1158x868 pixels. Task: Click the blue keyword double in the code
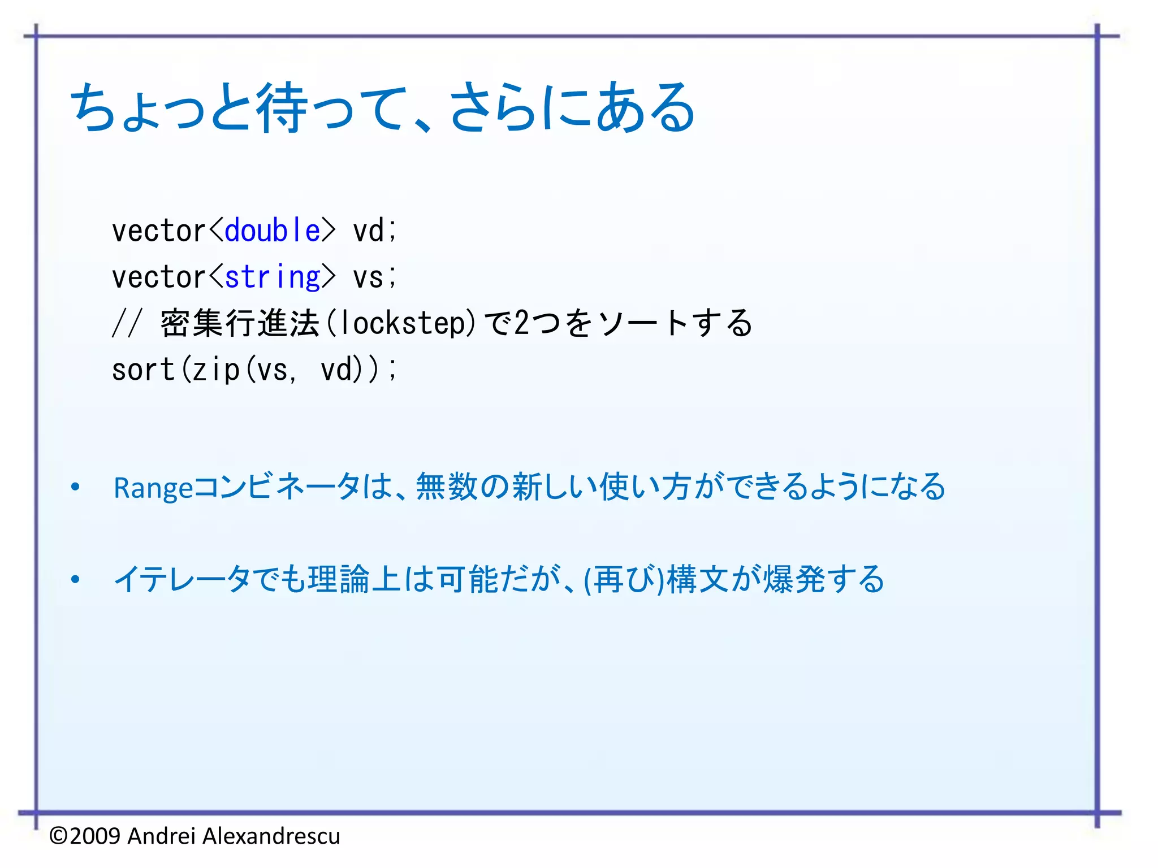[273, 231]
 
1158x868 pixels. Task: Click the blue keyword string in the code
[273, 277]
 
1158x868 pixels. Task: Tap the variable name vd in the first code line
[368, 231]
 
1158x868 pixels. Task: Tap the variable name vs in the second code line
[368, 277]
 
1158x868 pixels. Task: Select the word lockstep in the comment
[403, 323]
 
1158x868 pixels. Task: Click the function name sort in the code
[143, 370]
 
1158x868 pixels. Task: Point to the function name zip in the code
[216, 370]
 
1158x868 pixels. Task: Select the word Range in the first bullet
[153, 488]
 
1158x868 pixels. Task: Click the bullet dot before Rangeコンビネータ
[75, 487]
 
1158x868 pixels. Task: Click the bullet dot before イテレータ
[75, 579]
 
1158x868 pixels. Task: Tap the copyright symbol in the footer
[58, 836]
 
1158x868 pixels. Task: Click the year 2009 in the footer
[96, 836]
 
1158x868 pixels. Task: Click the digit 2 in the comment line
[521, 323]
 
